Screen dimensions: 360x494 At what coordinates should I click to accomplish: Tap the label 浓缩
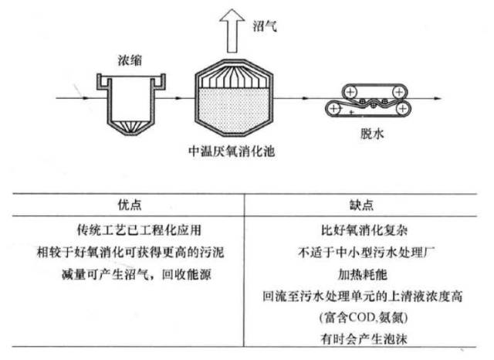[x=129, y=59]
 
